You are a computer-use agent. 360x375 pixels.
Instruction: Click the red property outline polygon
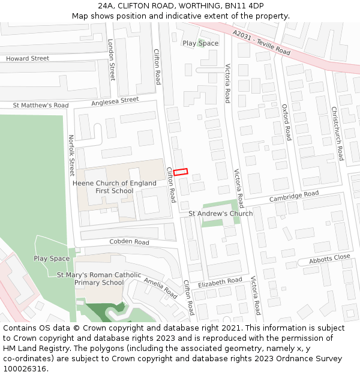[x=181, y=172]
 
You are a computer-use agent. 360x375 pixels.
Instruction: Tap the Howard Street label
[x=28, y=59]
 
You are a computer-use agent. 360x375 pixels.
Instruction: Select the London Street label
[x=111, y=60]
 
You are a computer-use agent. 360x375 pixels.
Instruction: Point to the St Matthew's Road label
[x=41, y=106]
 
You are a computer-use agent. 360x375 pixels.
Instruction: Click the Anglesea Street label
[x=115, y=101]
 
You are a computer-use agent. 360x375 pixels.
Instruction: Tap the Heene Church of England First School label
[x=114, y=187]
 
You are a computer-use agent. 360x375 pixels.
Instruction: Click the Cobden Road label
[x=129, y=242]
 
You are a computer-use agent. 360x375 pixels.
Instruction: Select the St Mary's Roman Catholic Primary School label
[x=99, y=278]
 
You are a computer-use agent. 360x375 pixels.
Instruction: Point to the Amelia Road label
[x=160, y=288]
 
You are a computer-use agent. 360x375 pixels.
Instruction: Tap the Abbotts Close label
[x=329, y=259]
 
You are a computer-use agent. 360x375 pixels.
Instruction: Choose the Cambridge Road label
[x=294, y=196]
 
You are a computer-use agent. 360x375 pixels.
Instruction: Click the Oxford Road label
[x=286, y=122]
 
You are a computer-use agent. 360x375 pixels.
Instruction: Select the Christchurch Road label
[x=337, y=133]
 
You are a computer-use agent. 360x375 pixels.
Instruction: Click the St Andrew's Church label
[x=220, y=214]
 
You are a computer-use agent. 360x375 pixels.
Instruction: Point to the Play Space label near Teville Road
[x=200, y=43]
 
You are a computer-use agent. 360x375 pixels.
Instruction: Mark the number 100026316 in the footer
[x=25, y=368]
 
